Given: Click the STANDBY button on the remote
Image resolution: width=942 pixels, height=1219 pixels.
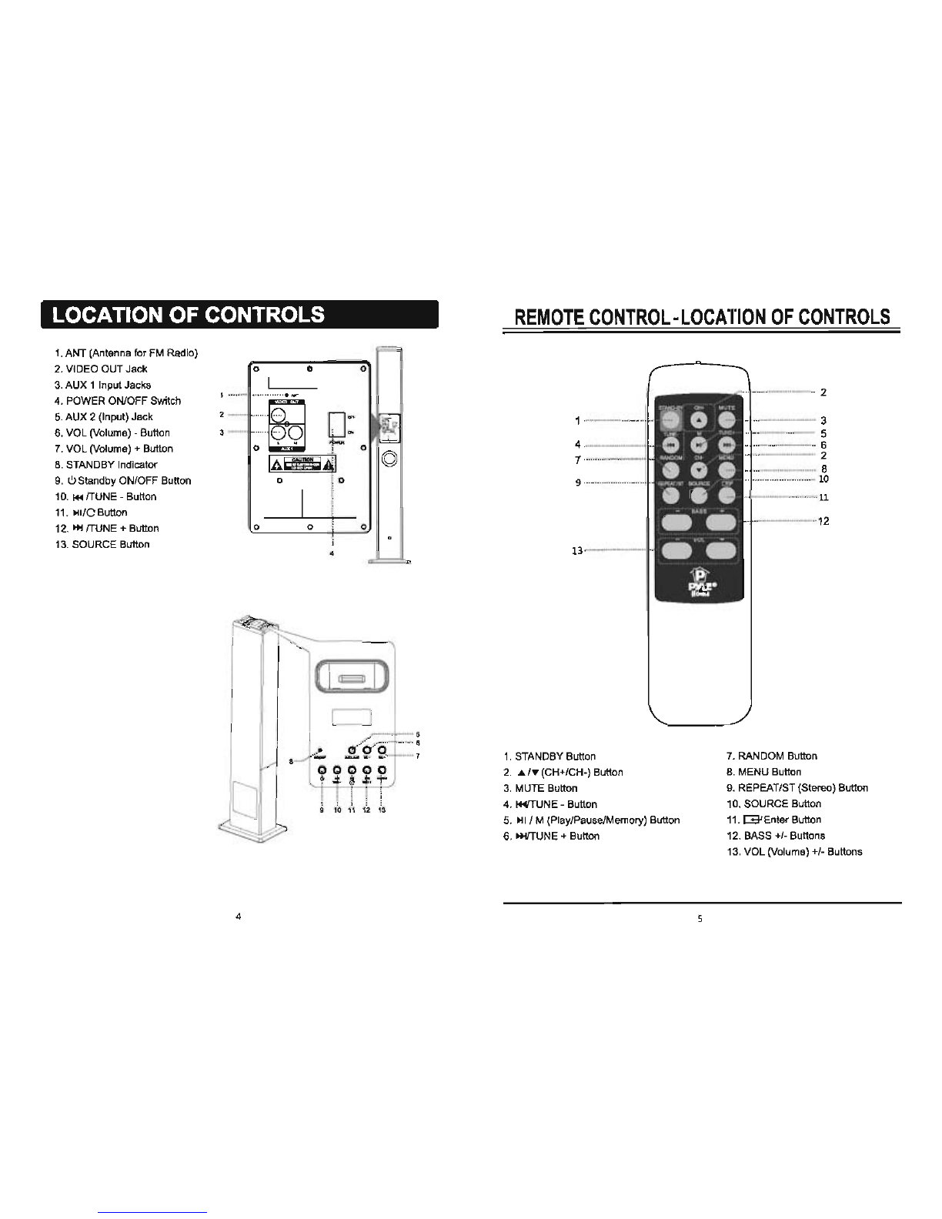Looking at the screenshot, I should point(671,419).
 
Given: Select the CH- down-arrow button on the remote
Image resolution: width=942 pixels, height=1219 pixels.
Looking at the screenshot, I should point(699,471).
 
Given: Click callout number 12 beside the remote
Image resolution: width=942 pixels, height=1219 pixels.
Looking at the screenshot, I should point(823,521).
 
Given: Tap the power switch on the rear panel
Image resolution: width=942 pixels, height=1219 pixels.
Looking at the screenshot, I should point(336,424).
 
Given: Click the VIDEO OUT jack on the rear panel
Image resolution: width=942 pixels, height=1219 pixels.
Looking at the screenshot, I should point(282,416).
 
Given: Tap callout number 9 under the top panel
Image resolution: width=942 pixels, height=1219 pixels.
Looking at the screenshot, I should point(322,810).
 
